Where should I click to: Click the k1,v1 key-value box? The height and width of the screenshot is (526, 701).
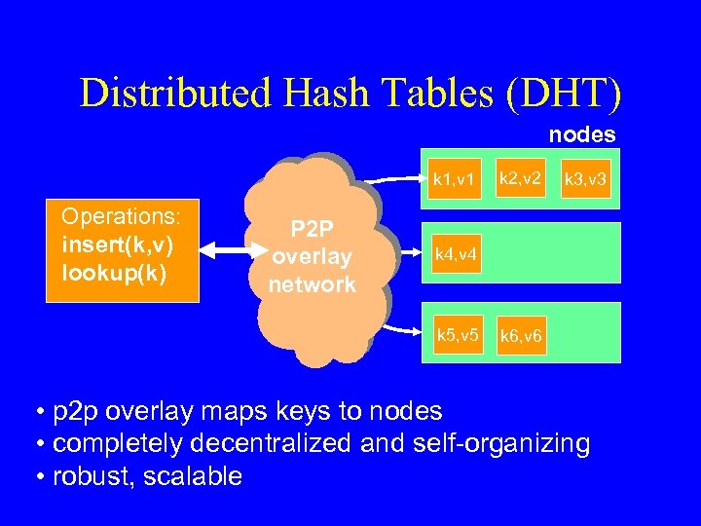(455, 179)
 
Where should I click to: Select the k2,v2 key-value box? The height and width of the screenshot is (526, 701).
(522, 177)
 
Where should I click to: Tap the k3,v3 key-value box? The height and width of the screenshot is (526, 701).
(587, 179)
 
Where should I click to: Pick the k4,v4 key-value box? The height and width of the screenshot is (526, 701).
(455, 255)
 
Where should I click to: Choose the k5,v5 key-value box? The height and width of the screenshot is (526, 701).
(457, 335)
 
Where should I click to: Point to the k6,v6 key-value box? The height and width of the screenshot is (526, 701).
(523, 337)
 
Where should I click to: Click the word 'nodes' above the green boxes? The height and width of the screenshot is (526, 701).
(582, 133)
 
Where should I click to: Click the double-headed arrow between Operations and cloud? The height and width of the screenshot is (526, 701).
(225, 252)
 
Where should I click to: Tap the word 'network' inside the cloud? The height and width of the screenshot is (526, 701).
(313, 284)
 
